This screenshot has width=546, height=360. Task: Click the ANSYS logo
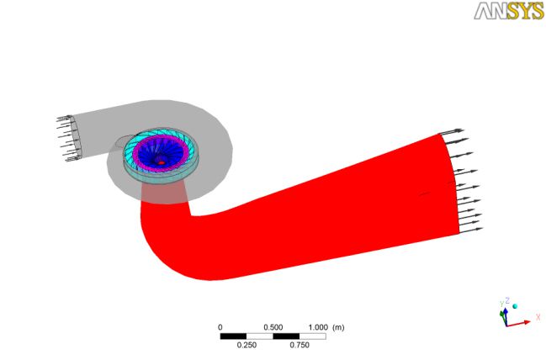pyautogui.click(x=509, y=11)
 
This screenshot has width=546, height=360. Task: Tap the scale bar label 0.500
pyautogui.click(x=273, y=327)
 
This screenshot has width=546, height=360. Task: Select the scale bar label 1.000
pyautogui.click(x=318, y=327)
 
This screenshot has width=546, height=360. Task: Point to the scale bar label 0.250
pyautogui.click(x=246, y=345)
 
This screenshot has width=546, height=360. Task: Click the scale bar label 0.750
pyautogui.click(x=300, y=345)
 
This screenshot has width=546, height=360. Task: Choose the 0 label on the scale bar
pyautogui.click(x=220, y=327)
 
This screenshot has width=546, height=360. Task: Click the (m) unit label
pyautogui.click(x=338, y=327)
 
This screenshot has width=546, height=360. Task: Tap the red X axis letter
pyautogui.click(x=538, y=317)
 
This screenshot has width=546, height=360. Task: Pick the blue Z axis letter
pyautogui.click(x=507, y=300)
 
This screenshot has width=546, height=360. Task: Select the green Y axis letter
pyautogui.click(x=502, y=304)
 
